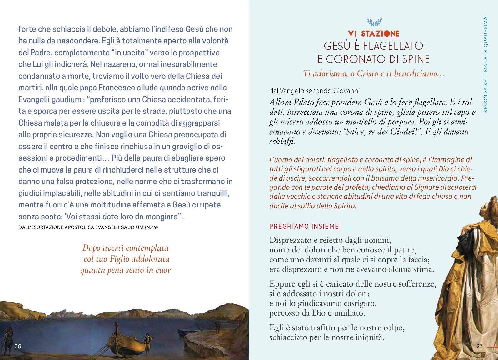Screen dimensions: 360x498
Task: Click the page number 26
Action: click(x=18, y=346)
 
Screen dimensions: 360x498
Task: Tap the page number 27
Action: click(x=479, y=346)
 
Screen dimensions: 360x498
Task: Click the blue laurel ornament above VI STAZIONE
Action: click(x=374, y=22)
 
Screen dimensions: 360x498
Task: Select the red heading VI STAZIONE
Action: click(x=374, y=33)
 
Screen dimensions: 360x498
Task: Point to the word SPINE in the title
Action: click(x=414, y=59)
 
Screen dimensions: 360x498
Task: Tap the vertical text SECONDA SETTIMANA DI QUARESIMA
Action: click(x=485, y=64)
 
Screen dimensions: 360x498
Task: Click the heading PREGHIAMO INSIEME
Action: click(x=304, y=226)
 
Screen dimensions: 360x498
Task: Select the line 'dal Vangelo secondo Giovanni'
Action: click(x=314, y=91)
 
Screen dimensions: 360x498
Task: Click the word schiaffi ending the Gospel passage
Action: click(x=282, y=142)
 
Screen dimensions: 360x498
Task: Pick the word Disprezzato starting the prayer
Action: click(x=291, y=240)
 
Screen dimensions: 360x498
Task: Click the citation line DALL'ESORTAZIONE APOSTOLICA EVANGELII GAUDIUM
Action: click(x=88, y=227)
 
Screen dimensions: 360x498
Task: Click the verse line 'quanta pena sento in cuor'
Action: click(x=126, y=270)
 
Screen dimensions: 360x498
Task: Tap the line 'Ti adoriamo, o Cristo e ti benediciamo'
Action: click(x=374, y=73)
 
